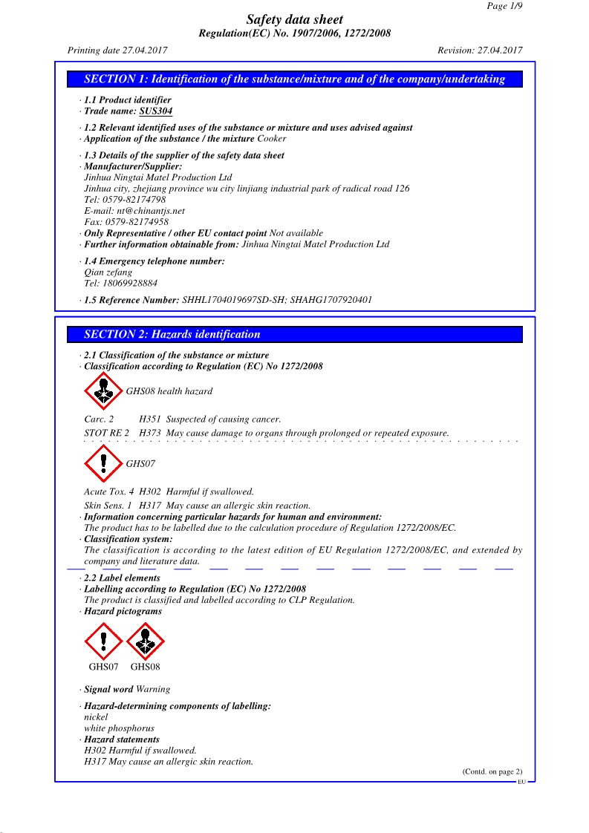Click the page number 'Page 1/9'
(x=504, y=6)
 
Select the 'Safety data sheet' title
(x=295, y=20)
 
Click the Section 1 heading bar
(x=294, y=79)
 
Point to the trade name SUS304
(x=156, y=111)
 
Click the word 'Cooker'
(x=271, y=139)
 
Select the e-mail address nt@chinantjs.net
(x=151, y=211)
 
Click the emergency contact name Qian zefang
(x=108, y=272)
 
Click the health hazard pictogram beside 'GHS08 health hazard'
(x=103, y=391)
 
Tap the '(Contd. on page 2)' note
(x=492, y=771)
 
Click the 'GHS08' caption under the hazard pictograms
(x=145, y=667)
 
